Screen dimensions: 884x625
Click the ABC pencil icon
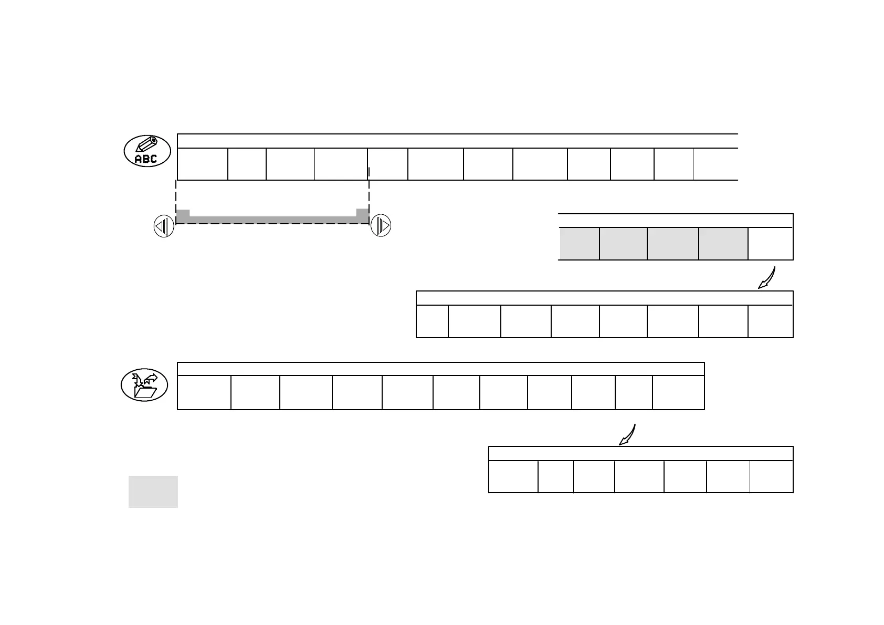click(x=148, y=151)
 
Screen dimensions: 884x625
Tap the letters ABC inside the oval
click(x=146, y=159)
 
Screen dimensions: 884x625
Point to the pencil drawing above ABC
click(x=148, y=143)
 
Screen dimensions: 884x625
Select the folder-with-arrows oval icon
click(x=144, y=385)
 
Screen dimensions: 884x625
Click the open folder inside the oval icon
click(x=145, y=391)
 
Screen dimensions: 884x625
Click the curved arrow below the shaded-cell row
click(x=767, y=278)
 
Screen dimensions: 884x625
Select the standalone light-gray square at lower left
click(x=153, y=492)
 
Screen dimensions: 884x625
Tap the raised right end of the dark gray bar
click(x=362, y=213)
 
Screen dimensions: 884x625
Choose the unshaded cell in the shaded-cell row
click(x=770, y=244)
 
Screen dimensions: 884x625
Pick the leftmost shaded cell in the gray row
click(x=579, y=244)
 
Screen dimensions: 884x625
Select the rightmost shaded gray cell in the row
click(x=723, y=244)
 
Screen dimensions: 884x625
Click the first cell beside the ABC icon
click(x=203, y=164)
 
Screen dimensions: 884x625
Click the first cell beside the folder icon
click(x=204, y=392)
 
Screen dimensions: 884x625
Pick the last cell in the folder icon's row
click(x=678, y=392)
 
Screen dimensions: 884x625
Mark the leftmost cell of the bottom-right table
click(x=513, y=477)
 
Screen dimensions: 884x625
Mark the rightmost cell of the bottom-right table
click(x=771, y=477)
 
